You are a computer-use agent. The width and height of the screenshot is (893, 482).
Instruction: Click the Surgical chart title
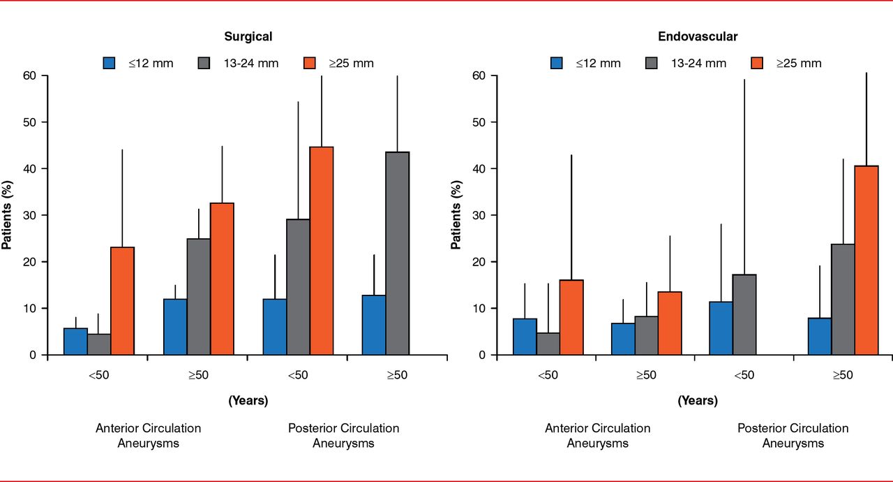248,36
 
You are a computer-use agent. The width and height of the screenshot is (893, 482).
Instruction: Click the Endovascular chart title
697,36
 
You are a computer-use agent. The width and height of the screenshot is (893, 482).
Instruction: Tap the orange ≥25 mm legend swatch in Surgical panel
310,63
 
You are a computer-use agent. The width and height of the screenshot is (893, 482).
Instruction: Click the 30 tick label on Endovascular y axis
479,215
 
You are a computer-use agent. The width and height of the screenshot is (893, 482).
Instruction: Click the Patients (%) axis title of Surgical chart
7,214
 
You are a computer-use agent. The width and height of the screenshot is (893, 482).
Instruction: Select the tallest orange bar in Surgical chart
322,251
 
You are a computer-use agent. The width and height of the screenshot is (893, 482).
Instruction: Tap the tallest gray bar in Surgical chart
397,254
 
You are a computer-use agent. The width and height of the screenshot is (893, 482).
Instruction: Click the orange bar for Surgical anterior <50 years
123,301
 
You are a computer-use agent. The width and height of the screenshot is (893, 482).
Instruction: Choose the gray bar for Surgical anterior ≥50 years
198,297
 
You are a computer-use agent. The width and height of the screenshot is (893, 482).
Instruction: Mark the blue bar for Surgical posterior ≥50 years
373,325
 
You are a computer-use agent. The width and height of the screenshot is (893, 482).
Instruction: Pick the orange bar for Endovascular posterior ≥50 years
866,261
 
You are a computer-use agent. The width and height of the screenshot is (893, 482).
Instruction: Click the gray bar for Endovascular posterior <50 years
744,314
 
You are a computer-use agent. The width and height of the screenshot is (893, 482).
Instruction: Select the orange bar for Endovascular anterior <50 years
571,317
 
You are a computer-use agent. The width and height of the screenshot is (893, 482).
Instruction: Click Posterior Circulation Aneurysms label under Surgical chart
343,435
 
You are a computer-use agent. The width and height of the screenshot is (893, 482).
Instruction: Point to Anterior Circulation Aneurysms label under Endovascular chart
597,435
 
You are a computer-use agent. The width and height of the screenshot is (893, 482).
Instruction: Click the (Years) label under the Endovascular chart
697,401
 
